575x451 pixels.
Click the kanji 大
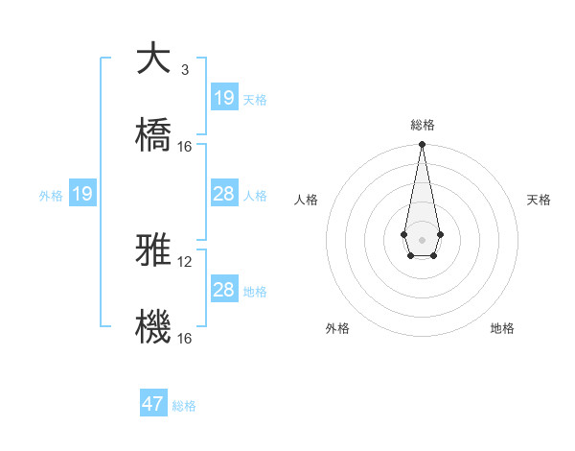click(x=153, y=59)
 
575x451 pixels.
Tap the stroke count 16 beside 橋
click(x=185, y=146)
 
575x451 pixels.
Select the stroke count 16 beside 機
click(x=185, y=338)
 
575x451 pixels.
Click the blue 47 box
click(x=153, y=404)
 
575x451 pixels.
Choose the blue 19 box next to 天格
click(x=224, y=98)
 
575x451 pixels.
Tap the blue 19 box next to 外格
click(x=82, y=194)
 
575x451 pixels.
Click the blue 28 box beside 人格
click(x=224, y=194)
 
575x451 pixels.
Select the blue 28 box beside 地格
click(x=224, y=290)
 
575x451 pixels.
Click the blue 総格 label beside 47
click(x=184, y=406)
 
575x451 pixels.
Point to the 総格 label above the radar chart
click(x=423, y=125)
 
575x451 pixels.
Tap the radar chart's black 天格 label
click(x=540, y=200)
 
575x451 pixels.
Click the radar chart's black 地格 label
click(x=502, y=328)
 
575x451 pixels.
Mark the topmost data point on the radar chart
click(x=422, y=145)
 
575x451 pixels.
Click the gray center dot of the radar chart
click(x=422, y=238)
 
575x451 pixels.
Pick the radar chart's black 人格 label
click(x=307, y=200)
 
